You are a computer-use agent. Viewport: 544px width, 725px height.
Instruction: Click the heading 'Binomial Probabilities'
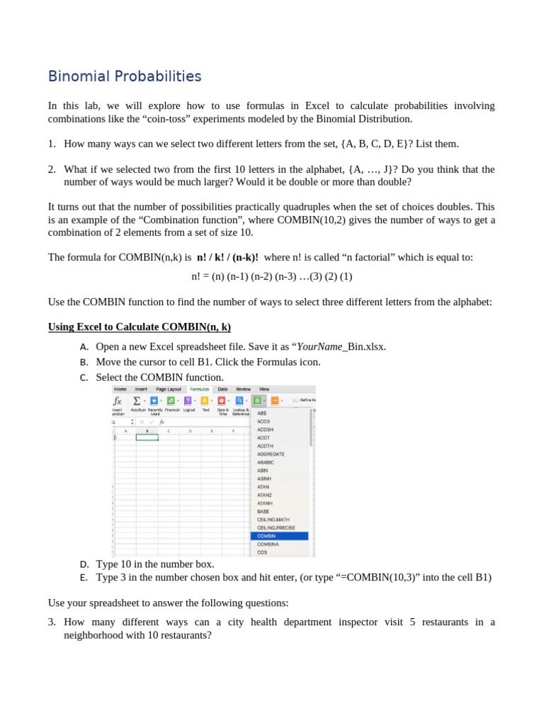(125, 76)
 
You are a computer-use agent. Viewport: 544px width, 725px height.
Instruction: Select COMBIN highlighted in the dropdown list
(267, 536)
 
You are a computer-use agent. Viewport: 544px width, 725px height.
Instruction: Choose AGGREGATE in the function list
(271, 454)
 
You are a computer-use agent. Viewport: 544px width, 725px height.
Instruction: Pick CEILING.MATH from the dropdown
(273, 520)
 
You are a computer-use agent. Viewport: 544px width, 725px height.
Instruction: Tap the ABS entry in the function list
(261, 413)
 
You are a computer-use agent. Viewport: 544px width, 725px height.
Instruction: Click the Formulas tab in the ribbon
(199, 389)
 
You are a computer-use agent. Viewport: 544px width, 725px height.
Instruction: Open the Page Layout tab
(169, 389)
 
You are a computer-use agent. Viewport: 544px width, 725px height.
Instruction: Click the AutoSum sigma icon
(137, 401)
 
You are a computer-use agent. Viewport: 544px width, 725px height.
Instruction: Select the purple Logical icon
(188, 401)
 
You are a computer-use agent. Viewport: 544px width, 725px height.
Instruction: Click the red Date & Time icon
(222, 401)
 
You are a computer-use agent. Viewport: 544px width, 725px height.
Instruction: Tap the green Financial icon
(171, 401)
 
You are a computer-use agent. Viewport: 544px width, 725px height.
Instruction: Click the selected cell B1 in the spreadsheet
(147, 438)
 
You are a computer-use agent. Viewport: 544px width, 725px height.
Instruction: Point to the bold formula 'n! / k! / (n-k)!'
(227, 257)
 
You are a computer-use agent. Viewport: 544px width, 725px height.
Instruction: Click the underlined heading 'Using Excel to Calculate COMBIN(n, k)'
(139, 326)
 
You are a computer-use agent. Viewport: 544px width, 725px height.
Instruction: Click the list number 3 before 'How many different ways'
(52, 622)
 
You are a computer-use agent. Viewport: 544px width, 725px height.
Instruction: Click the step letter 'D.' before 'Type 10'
(84, 564)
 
